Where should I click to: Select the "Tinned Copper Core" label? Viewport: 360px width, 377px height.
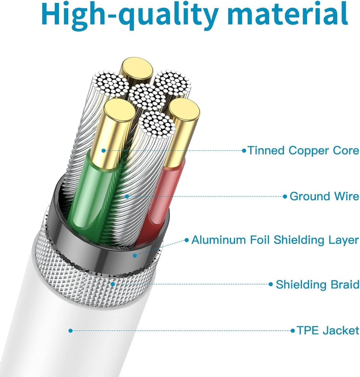click(303, 150)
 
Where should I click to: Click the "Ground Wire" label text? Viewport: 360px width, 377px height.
click(324, 196)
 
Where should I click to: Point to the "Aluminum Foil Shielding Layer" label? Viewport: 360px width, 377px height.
click(275, 240)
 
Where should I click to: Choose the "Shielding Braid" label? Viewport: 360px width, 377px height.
click(317, 284)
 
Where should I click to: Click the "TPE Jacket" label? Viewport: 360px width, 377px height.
click(328, 330)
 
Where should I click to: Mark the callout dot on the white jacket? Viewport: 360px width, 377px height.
click(70, 331)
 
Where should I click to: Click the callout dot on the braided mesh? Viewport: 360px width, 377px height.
click(113, 284)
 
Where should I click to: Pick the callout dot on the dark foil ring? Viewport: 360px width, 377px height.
click(135, 256)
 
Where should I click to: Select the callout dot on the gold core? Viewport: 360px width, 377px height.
click(103, 151)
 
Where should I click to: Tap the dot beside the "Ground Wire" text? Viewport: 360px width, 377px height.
click(285, 196)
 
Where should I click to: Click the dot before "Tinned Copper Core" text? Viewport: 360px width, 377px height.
click(244, 151)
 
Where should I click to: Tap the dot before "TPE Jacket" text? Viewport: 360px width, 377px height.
click(293, 331)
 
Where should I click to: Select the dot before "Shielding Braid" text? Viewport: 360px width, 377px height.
click(271, 284)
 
